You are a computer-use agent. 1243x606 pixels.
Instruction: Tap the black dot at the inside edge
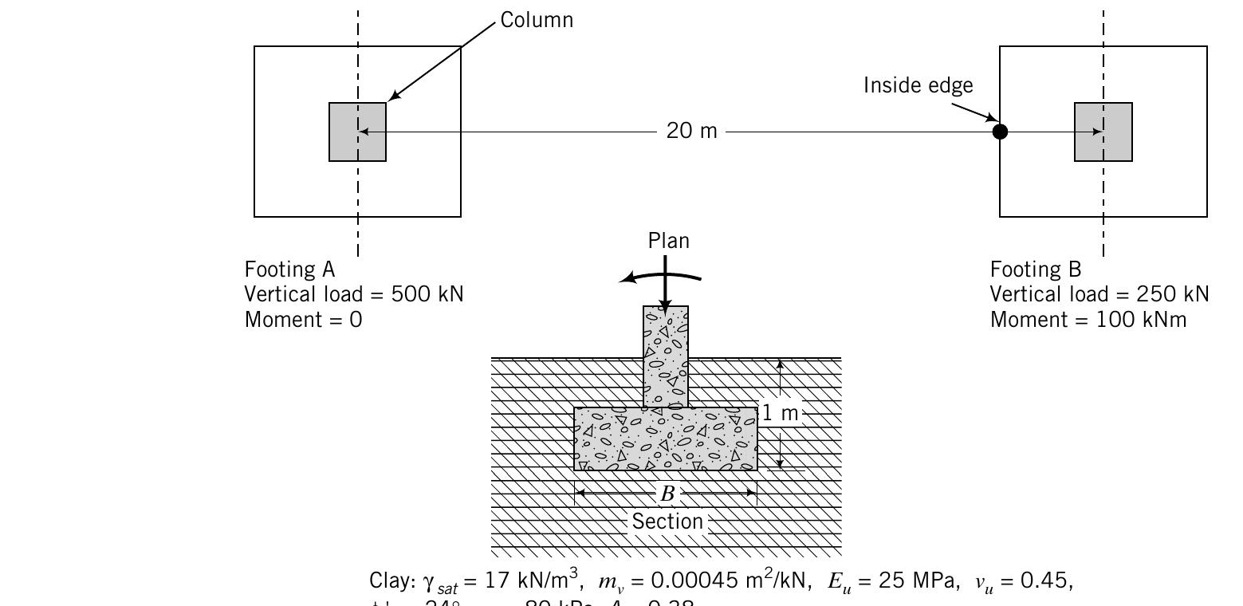pos(1000,132)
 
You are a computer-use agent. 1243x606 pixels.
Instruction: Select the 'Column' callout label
pos(537,20)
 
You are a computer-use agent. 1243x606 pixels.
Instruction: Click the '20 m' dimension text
pos(691,132)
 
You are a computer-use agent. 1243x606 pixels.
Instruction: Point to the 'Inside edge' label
pos(918,85)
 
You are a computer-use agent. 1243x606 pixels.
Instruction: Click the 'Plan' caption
pos(668,241)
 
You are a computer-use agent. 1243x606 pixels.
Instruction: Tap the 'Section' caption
pos(667,521)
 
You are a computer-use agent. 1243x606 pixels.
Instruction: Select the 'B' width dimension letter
pos(667,494)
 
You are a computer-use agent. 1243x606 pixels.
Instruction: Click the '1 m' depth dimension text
pos(780,413)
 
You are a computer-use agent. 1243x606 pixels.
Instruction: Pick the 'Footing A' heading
pos(289,269)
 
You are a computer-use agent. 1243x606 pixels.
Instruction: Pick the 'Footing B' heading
pos(1035,269)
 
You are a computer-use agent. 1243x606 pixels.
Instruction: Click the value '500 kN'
pos(427,294)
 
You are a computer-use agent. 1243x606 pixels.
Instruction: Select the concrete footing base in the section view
pos(666,439)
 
